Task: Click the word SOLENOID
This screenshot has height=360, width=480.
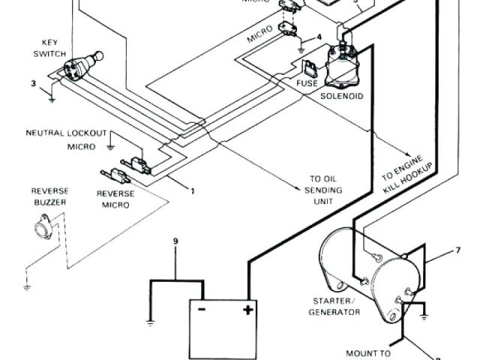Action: click(x=342, y=96)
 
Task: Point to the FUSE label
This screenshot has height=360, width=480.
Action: click(x=307, y=82)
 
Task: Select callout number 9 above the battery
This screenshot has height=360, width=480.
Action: click(x=175, y=241)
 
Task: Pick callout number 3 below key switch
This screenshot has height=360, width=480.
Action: click(x=33, y=82)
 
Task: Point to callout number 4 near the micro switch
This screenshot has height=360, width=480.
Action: click(x=319, y=36)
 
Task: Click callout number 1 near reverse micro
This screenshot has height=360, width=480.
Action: click(x=193, y=190)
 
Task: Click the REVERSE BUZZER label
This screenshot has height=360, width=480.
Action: click(x=50, y=197)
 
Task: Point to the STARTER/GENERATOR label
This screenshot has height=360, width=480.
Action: click(x=333, y=307)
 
